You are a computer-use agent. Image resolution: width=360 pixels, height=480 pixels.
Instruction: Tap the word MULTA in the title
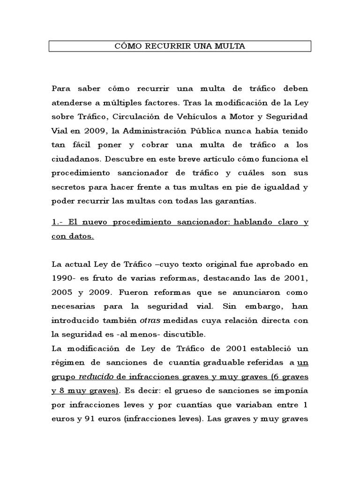[x=231, y=46]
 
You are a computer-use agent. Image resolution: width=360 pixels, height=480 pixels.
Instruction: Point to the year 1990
[x=62, y=278]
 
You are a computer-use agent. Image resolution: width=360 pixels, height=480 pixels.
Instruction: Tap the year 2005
[x=62, y=292]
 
